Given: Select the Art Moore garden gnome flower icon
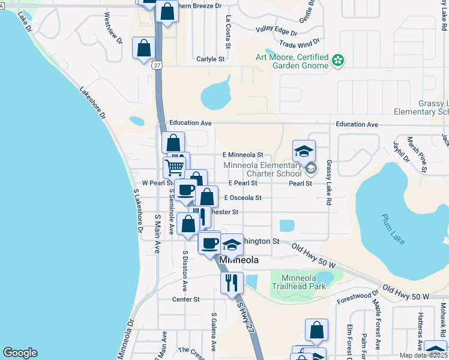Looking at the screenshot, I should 339,60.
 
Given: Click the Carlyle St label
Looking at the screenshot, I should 210,59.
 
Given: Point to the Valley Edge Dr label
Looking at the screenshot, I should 277,31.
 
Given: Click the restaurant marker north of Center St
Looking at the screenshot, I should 232,281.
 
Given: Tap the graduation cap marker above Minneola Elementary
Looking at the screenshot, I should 304,151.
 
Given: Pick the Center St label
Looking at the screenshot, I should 185,299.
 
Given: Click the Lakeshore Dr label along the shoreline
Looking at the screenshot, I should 92,103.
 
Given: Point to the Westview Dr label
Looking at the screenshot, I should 113,28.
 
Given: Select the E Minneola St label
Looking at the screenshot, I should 243,155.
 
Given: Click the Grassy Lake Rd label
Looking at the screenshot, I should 329,183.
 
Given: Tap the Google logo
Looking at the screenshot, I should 20,353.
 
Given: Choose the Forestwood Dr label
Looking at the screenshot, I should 358,296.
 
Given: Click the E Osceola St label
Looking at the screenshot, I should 243,197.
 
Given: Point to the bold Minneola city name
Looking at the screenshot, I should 239,260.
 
